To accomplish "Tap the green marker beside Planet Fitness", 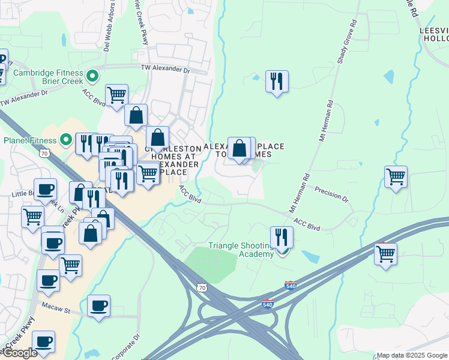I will [x=66, y=141].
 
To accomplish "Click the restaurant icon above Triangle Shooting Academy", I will [x=281, y=238].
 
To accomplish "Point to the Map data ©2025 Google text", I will [x=412, y=355].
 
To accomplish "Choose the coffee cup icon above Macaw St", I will [x=98, y=305].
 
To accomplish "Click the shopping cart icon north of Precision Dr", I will [x=396, y=177].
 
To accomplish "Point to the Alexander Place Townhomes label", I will [x=244, y=150].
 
